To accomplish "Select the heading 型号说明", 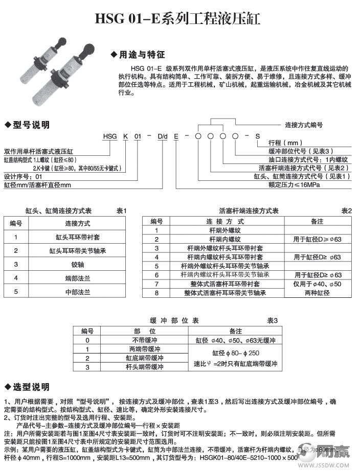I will [31, 125].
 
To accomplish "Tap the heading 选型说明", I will [31, 386].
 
